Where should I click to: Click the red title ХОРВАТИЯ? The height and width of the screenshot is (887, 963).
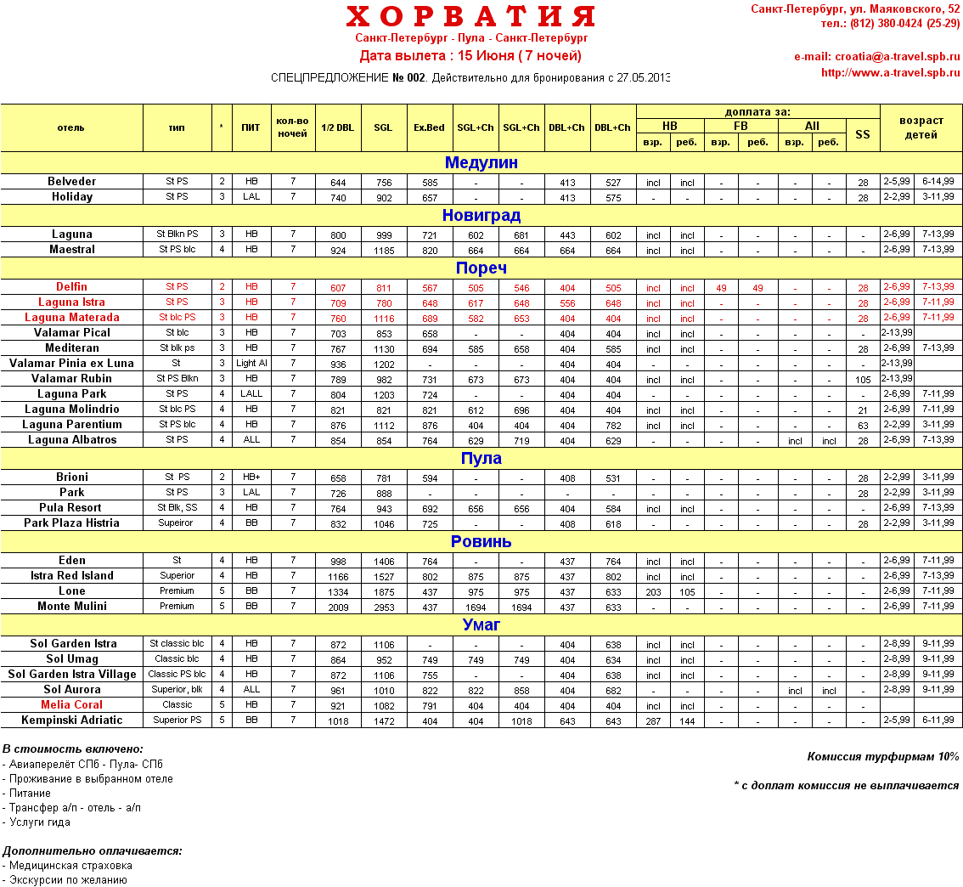coord(470,17)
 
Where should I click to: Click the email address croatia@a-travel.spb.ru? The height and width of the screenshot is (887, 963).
coord(876,57)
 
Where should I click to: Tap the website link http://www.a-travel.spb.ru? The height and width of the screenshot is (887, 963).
coord(890,73)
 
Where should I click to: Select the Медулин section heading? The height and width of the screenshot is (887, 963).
coord(481,163)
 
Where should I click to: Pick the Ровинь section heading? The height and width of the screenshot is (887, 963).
coord(481,542)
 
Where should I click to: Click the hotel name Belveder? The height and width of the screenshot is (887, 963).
coord(72,182)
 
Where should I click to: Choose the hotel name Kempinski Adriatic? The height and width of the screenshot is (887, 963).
coord(72,720)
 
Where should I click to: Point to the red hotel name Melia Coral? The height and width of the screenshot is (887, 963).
coord(72,705)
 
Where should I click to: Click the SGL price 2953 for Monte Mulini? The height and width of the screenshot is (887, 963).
coord(383,607)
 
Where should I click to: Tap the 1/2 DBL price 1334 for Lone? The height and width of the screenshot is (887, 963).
coord(338,592)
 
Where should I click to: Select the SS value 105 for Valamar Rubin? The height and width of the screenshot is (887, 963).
coord(863,380)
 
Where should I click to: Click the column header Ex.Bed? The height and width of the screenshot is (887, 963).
coord(429,127)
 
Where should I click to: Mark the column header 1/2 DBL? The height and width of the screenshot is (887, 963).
coord(338,127)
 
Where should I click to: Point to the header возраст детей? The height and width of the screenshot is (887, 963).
coord(921,127)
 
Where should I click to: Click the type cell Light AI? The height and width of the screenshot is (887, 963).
coord(251,364)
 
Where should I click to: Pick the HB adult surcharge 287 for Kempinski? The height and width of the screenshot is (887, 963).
coord(653,721)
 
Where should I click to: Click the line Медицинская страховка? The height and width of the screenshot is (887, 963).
coord(70,866)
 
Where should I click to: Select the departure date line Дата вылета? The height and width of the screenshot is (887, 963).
coord(470,56)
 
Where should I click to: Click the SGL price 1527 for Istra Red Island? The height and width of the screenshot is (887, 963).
coord(383,577)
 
